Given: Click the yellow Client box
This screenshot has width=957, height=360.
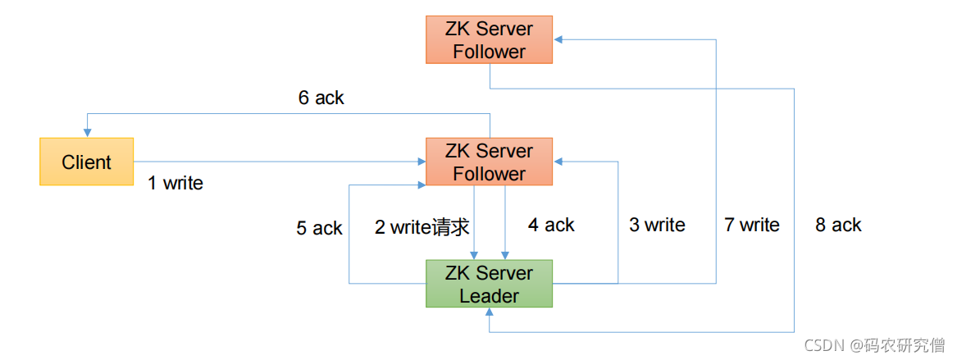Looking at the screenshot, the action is tap(87, 162).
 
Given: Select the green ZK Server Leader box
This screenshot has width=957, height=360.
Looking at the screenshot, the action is tap(489, 284).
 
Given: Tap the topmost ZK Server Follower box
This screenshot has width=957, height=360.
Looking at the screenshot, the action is tap(489, 39).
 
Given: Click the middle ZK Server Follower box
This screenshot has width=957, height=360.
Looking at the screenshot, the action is tap(489, 162).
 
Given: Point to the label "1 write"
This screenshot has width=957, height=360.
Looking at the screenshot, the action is tap(175, 183).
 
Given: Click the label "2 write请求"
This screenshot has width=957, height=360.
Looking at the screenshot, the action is tap(422, 227).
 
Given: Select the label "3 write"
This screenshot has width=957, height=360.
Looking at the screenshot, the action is tap(658, 226).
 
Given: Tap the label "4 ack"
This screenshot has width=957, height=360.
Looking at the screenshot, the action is tap(551, 226).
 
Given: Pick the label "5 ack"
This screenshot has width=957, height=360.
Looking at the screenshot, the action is tap(319, 228).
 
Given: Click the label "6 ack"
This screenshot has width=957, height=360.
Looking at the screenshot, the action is tap(321, 98).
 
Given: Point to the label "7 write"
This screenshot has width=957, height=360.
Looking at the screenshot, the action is tap(752, 226).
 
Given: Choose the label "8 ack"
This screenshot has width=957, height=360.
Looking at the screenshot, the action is tap(839, 226).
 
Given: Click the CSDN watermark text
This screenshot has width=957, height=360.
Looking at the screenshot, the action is tap(874, 345).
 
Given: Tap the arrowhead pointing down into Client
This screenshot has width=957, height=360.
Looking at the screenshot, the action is tap(87, 134).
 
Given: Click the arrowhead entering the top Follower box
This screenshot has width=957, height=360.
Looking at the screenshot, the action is tap(558, 39).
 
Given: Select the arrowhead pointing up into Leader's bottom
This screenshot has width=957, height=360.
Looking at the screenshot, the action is tap(489, 312).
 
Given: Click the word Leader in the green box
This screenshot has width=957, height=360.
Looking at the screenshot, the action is tap(489, 296).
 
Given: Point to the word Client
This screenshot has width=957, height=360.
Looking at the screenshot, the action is tap(87, 162).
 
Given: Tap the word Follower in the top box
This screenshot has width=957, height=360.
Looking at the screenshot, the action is tap(489, 52).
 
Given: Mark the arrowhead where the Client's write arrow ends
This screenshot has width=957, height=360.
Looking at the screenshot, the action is tap(422, 162).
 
